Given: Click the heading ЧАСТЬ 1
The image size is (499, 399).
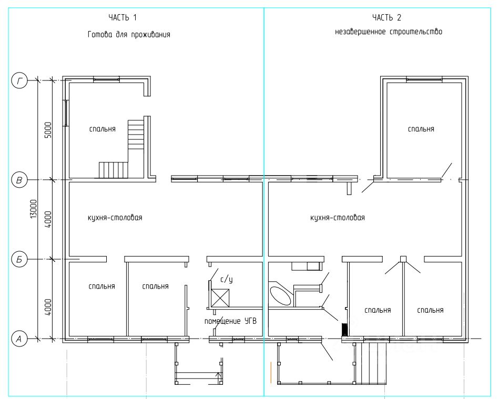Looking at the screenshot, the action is [x=123, y=17].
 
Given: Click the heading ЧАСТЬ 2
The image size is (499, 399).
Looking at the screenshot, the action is [x=386, y=17].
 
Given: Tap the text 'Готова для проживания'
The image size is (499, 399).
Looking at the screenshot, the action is [x=129, y=34].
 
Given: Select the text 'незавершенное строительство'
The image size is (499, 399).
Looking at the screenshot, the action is [x=389, y=32].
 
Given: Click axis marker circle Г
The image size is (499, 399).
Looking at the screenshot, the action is [x=20, y=81].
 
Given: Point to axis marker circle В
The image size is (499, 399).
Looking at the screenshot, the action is [x=20, y=180].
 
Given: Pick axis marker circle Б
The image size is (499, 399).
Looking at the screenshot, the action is [x=20, y=259].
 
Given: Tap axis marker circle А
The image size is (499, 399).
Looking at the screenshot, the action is [x=20, y=339].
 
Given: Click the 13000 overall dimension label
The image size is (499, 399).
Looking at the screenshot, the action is [x=34, y=209].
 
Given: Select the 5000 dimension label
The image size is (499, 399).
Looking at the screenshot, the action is [x=48, y=130].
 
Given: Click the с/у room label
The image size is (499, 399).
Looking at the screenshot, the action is [x=227, y=280].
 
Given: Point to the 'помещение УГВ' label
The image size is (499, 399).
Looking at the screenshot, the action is [x=230, y=321].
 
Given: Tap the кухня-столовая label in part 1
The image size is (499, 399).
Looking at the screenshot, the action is [x=115, y=218].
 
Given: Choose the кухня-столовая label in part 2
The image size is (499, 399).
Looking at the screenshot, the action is [x=338, y=218].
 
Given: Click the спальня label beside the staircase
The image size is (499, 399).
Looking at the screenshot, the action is [x=103, y=129].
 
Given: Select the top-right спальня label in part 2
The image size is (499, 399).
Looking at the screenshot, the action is [x=421, y=129].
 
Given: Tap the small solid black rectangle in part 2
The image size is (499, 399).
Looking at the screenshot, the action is [x=344, y=329].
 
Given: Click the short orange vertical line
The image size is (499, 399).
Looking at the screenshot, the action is [x=271, y=372].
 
